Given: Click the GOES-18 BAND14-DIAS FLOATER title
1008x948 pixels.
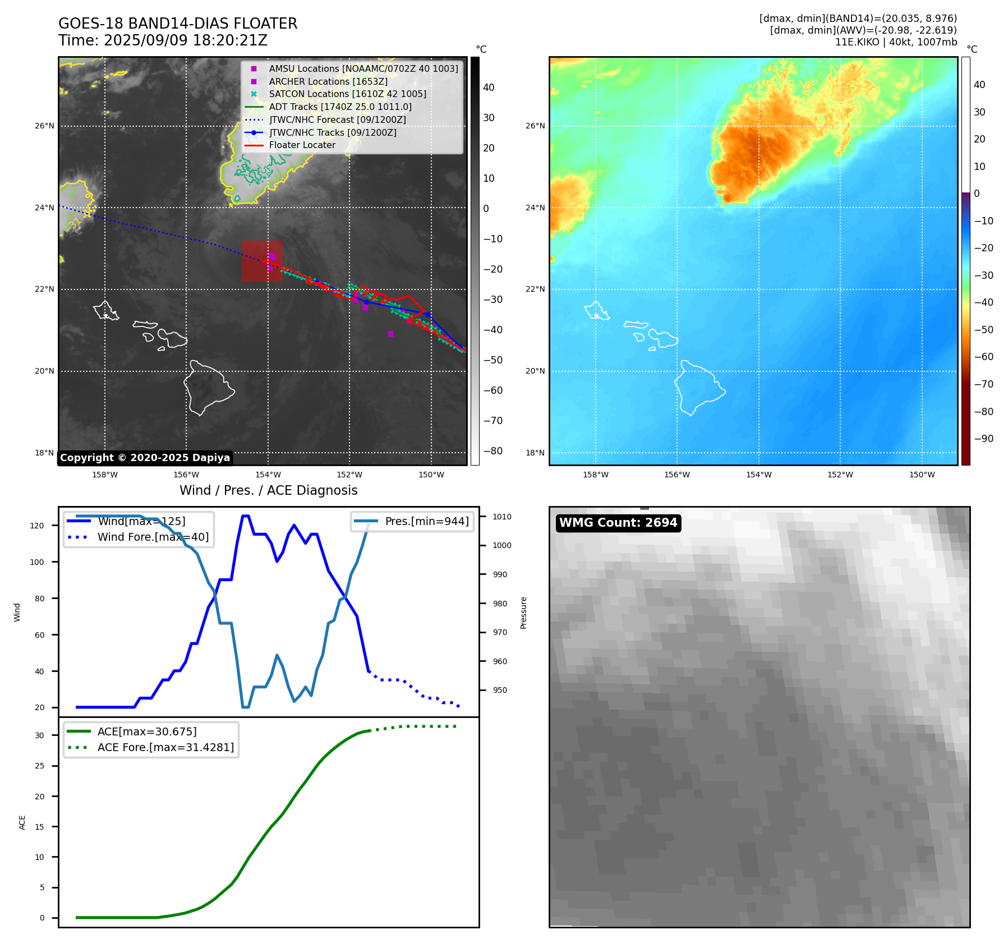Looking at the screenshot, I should tap(178, 24).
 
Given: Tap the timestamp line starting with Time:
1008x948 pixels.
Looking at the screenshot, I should tap(163, 41).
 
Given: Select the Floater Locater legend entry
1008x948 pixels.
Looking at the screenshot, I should tap(302, 145).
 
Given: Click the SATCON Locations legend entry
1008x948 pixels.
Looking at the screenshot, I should tap(347, 94).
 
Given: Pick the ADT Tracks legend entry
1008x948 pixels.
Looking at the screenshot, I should tap(340, 107).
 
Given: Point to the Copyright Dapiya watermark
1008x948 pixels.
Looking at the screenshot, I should tap(145, 458).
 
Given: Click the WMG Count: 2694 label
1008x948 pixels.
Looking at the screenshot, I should tap(618, 523).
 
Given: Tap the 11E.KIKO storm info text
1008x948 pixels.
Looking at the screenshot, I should tap(896, 42).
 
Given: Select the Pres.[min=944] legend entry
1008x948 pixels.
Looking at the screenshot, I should tap(426, 522).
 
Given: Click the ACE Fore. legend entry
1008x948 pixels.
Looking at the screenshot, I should tap(165, 747).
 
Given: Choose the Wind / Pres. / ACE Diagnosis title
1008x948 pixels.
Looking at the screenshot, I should tap(268, 491).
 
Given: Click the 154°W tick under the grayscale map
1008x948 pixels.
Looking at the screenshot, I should tap(268, 475).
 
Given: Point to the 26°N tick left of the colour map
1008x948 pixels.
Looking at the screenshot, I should tap(535, 126).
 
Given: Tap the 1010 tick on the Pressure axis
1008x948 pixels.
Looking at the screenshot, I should tap(502, 517).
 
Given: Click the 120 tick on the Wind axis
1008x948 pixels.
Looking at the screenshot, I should tap(37, 526).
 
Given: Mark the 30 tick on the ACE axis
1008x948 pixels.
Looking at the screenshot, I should tap(39, 735).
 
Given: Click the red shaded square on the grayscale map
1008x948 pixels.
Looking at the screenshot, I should tap(262, 261).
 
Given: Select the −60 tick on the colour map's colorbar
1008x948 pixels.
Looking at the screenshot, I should tap(983, 357).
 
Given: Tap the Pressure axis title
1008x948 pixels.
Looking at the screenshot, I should tap(523, 613).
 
